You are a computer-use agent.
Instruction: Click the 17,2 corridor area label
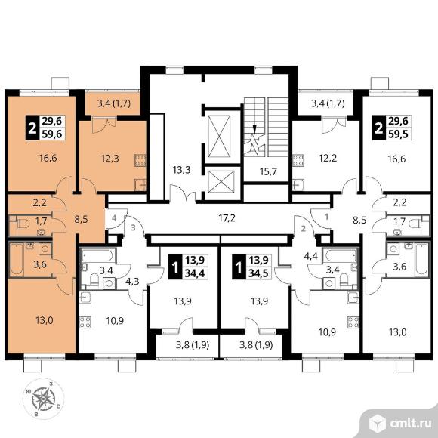coord(227,218)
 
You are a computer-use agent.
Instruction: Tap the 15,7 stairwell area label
coord(268,171)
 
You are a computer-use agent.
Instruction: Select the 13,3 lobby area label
coord(181,170)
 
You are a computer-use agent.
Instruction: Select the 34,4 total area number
coord(195,273)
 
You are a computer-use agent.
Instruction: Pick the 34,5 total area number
coord(258,273)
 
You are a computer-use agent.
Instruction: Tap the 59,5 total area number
coord(398,134)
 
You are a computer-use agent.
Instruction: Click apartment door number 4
coord(114,218)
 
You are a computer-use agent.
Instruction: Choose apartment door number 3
coord(133,227)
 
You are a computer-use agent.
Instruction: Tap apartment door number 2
coord(304,229)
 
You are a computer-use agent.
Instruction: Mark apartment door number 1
coord(326,217)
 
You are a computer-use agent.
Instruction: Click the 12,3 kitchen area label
coord(110,159)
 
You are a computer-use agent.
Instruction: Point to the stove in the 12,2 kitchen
coord(298,160)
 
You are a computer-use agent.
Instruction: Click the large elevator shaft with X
coord(220,137)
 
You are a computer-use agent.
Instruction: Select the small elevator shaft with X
coord(221,181)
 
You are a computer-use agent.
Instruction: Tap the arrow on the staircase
coord(254,129)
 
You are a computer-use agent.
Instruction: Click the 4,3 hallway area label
coord(132,281)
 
